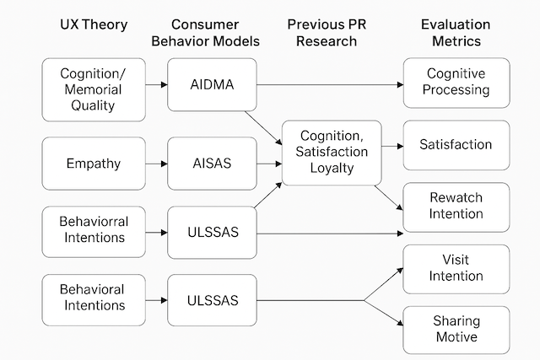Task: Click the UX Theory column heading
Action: [94, 24]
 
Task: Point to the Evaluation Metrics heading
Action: [456, 33]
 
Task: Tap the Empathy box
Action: [94, 164]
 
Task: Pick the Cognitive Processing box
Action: [456, 83]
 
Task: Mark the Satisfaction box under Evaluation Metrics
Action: [456, 145]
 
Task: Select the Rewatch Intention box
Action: [456, 206]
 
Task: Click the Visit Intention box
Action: [456, 268]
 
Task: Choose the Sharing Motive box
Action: [456, 329]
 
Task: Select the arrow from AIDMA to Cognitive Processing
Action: [329, 84]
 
